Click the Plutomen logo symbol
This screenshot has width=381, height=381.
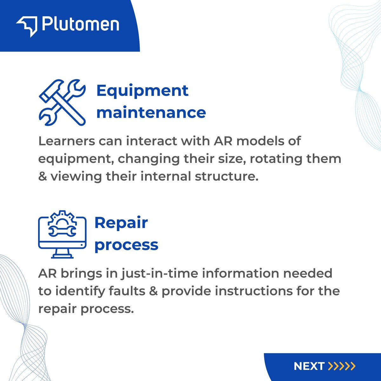pos(27,26)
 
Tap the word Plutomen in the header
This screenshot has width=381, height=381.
pos(80,25)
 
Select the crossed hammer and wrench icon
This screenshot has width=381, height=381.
pos(62,102)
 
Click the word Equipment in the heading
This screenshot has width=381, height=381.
pos(142,91)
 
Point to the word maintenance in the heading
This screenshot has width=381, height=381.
pos(151,113)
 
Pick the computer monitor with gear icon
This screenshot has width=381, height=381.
pos(62,234)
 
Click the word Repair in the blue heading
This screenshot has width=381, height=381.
pos(121,223)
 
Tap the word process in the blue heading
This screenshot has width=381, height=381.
pos(126,245)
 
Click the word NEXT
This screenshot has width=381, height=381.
pos(309,366)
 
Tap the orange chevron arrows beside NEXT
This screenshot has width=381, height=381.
pos(342,366)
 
